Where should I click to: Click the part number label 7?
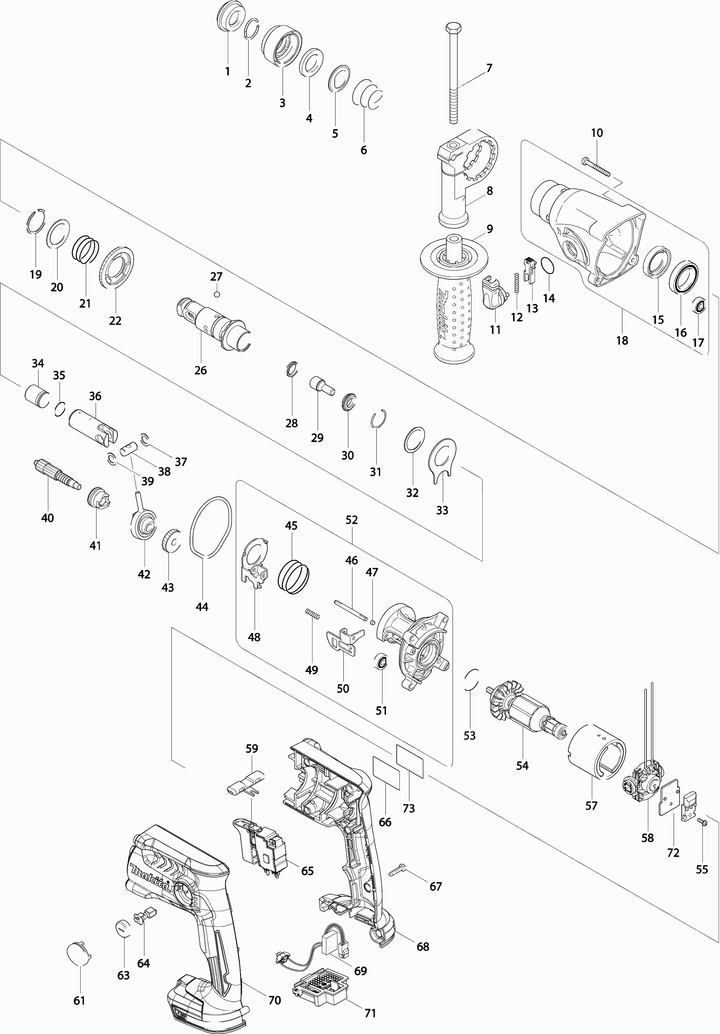(x=489, y=68)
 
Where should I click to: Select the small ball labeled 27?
(x=217, y=295)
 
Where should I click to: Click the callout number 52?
(x=352, y=520)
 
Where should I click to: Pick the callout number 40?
(x=47, y=518)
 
